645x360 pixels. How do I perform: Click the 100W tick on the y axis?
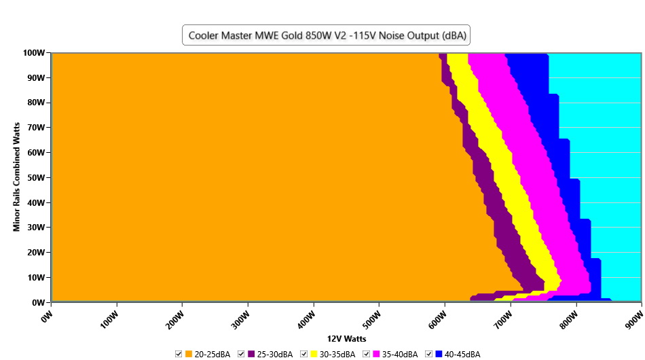(33, 52)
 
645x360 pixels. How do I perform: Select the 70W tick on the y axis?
(35, 127)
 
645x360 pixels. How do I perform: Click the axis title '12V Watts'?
(347, 338)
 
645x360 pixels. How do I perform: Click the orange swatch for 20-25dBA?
(189, 355)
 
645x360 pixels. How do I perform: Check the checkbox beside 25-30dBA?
(241, 355)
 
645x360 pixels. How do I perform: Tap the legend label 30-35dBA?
(337, 355)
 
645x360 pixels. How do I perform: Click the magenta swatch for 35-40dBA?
(375, 355)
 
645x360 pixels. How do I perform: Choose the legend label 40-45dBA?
(462, 355)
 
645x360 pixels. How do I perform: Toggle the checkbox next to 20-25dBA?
(179, 355)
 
